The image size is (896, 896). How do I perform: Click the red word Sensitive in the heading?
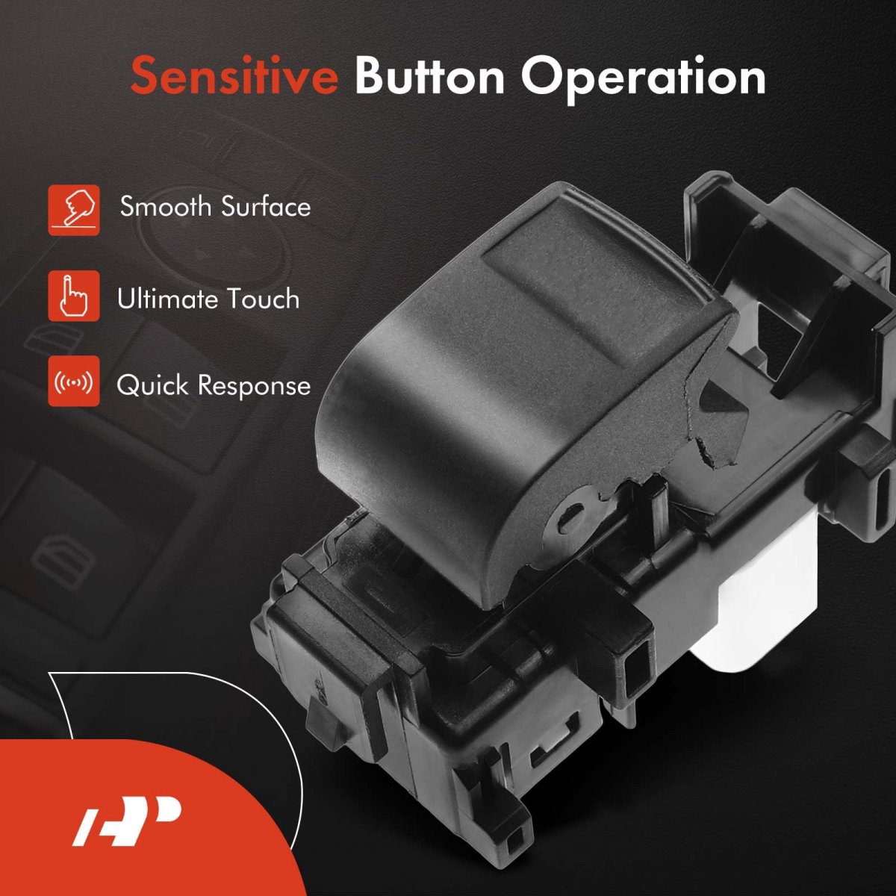234,76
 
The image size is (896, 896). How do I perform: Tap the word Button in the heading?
429,76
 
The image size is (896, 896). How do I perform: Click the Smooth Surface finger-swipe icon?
73,210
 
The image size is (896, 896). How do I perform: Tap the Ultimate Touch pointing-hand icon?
73,296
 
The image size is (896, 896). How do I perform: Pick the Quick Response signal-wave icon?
73,382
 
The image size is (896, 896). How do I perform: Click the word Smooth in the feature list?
165,206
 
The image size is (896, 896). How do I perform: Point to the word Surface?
266,206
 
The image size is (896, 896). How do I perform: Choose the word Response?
255,387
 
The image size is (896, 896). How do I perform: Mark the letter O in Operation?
544,76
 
